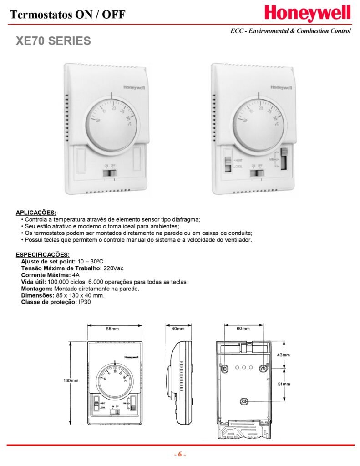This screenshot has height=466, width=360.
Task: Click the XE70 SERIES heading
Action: click(x=53, y=41)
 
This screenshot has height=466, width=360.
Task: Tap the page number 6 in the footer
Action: click(x=180, y=454)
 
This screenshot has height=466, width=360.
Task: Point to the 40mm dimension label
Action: click(x=178, y=329)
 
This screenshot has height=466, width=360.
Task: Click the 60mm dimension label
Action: click(x=243, y=329)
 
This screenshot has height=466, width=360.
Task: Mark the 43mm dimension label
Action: click(x=284, y=355)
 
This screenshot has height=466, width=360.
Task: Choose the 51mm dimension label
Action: click(x=284, y=385)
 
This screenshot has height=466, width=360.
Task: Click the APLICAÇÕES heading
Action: click(x=36, y=213)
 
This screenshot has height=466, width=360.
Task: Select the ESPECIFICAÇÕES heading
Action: click(x=43, y=254)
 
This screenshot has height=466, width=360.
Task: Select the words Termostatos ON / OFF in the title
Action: click(x=67, y=15)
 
